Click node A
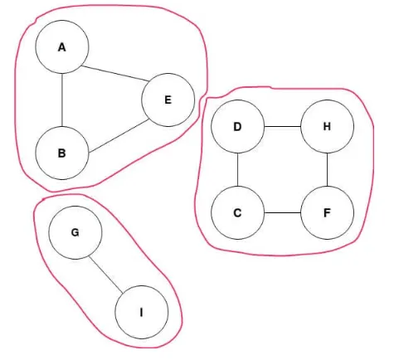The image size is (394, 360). coord(62,46)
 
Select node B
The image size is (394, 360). coord(62,153)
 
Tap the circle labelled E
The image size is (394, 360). coord(168,100)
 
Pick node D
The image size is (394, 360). coord(238,126)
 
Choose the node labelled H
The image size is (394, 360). coord(327,126)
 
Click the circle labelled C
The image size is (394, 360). coord(238,212)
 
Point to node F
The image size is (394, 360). coord(327,212)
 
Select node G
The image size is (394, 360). coord(75,232)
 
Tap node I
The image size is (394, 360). coord(142,312)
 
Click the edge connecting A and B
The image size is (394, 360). coord(62,100)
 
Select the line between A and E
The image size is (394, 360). coord(115,73)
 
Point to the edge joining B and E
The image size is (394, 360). coord(119,136)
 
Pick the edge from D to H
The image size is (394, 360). coord(283,126)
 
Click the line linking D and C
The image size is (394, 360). coord(238,169)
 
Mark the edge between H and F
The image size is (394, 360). coord(327,169)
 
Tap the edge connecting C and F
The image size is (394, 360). coord(283,212)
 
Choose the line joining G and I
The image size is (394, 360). coord(106,275)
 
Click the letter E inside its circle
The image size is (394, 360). coord(168,100)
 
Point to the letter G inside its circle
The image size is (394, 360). coord(75,232)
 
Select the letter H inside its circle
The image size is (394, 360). coord(327,126)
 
